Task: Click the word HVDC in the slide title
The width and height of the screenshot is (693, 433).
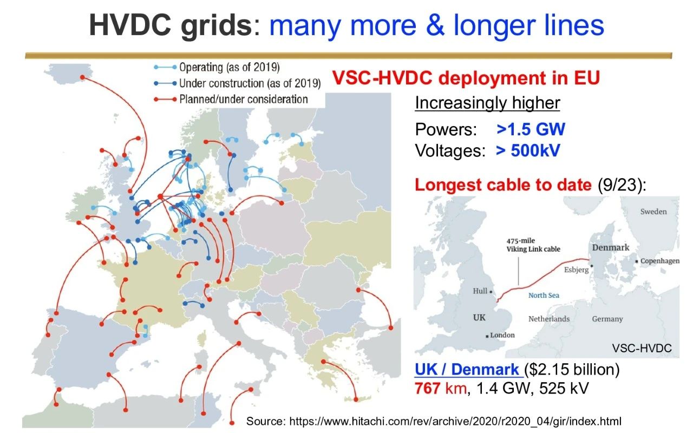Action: pyautogui.click(x=130, y=25)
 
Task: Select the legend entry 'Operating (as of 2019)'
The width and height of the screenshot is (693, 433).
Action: pyautogui.click(x=217, y=68)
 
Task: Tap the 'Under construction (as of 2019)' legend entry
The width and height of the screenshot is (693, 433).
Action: pyautogui.click(x=237, y=83)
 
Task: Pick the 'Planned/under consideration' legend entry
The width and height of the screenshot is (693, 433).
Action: pyautogui.click(x=231, y=99)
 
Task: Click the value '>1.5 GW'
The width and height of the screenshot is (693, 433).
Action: pyautogui.click(x=531, y=129)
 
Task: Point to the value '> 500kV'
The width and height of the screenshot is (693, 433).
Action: pyautogui.click(x=528, y=150)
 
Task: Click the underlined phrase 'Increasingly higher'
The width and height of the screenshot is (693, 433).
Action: pyautogui.click(x=488, y=103)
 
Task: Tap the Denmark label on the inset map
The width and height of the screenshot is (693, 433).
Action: pyautogui.click(x=611, y=247)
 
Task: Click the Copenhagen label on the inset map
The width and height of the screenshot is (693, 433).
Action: pyautogui.click(x=660, y=261)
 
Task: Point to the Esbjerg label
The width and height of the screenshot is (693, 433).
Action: pyautogui.click(x=577, y=270)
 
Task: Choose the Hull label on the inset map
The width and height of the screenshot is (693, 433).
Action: pyautogui.click(x=480, y=291)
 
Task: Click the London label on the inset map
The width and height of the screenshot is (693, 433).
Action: pyautogui.click(x=502, y=335)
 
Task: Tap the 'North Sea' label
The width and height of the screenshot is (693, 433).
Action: pyautogui.click(x=544, y=296)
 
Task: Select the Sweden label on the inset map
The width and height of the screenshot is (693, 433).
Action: pyautogui.click(x=653, y=212)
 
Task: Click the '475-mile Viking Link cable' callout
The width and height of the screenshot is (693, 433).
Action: pyautogui.click(x=533, y=245)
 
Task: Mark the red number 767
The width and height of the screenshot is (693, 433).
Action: pyautogui.click(x=428, y=389)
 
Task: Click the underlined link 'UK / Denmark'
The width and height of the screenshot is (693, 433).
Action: pyautogui.click(x=467, y=369)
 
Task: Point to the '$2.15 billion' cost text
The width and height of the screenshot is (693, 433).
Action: pyautogui.click(x=572, y=369)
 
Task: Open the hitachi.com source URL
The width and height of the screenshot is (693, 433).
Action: pyautogui.click(x=455, y=421)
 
